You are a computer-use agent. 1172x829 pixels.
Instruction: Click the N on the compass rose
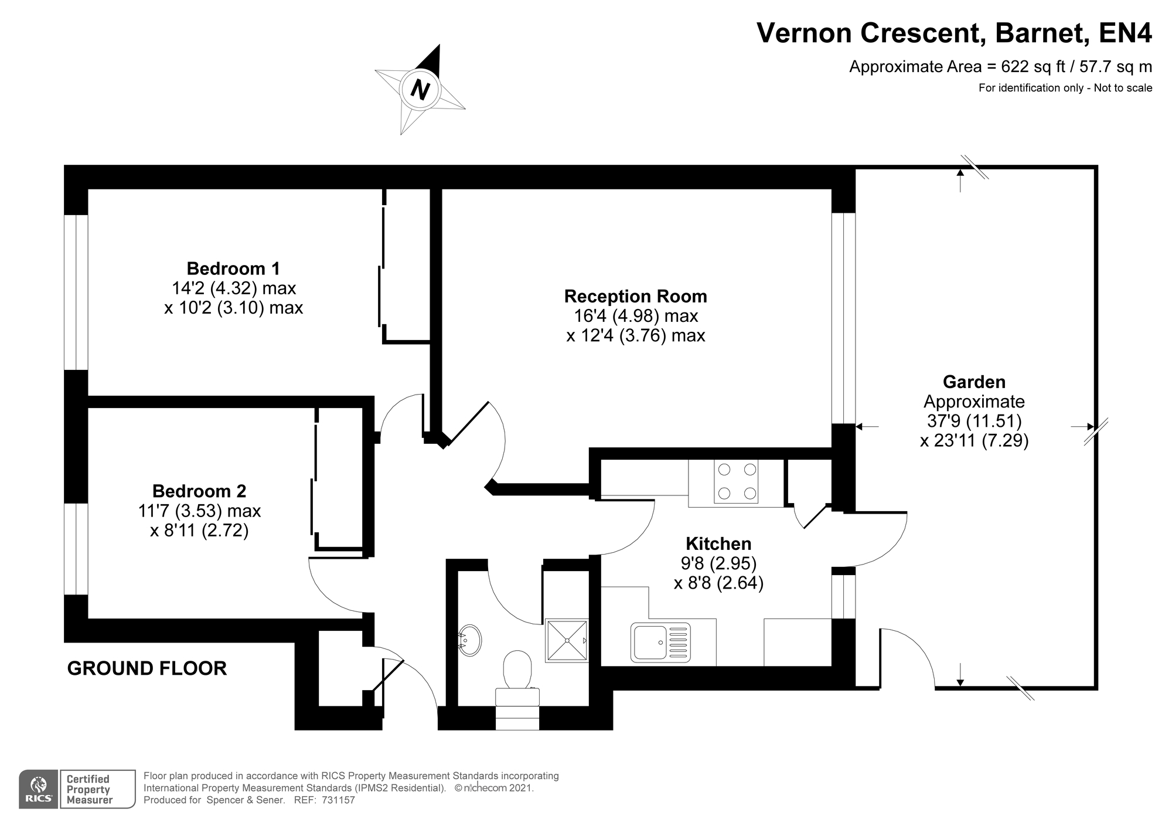(420, 90)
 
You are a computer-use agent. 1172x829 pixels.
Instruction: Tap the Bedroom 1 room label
(233, 269)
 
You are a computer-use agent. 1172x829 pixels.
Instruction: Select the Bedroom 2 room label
(199, 491)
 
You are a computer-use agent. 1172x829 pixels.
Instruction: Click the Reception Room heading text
(636, 296)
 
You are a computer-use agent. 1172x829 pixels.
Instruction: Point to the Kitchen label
(718, 543)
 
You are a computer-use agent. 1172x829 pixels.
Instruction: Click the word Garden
(974, 382)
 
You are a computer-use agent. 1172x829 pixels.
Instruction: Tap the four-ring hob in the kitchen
(736, 481)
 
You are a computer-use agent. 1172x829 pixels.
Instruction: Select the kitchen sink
(660, 642)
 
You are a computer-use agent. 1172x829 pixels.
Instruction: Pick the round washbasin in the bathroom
(469, 640)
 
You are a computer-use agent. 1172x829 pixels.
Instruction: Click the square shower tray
(566, 641)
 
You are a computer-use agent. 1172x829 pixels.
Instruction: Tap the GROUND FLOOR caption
(147, 668)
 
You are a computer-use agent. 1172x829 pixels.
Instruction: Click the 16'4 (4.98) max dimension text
(636, 316)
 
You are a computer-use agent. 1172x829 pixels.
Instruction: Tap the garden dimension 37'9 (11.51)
(974, 421)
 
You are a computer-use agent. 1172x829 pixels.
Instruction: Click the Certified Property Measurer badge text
(89, 790)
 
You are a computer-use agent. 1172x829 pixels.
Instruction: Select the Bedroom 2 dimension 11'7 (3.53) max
(199, 511)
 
